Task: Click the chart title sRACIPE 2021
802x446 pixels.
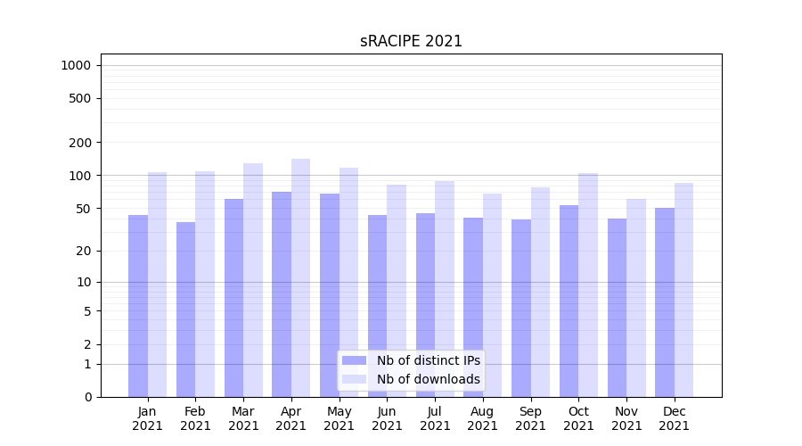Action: tap(411, 41)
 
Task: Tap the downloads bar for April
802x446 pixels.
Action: tap(301, 277)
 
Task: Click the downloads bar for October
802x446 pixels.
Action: tap(588, 285)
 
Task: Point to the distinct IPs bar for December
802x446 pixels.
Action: tap(665, 302)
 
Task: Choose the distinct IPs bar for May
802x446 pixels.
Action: tap(330, 295)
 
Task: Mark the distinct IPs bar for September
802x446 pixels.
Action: tap(521, 308)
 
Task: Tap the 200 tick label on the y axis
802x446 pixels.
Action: tap(81, 143)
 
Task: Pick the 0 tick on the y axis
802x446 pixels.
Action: tap(88, 397)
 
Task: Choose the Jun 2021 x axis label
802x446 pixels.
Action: tap(387, 418)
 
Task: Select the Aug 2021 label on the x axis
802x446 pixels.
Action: tap(483, 418)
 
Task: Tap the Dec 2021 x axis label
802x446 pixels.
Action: tap(675, 418)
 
